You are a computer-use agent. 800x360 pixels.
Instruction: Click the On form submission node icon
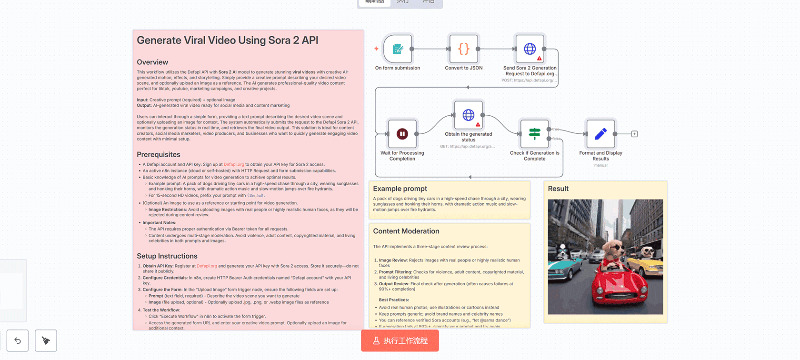click(x=398, y=49)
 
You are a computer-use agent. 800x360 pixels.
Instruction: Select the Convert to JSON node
click(x=463, y=49)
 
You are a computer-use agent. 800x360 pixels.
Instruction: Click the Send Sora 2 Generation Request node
click(x=530, y=49)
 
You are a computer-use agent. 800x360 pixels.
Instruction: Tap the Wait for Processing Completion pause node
click(x=402, y=134)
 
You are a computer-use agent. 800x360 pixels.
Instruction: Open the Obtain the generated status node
click(x=469, y=115)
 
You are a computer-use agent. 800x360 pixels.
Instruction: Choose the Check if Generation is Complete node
click(x=535, y=134)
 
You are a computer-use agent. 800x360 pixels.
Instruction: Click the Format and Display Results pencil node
click(x=600, y=134)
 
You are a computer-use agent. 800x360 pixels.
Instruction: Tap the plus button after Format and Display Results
click(x=634, y=134)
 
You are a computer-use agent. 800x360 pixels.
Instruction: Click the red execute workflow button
click(x=400, y=341)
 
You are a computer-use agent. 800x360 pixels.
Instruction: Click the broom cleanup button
click(x=46, y=340)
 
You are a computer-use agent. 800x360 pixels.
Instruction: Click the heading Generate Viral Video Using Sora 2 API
click(x=227, y=40)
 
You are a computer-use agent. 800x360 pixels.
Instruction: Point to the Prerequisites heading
click(x=158, y=155)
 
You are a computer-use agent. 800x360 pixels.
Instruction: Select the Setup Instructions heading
click(x=167, y=256)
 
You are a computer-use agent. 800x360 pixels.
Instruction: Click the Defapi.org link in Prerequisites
click(x=233, y=164)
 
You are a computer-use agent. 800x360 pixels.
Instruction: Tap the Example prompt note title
click(x=400, y=189)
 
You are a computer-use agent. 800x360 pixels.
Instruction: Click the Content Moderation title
click(x=406, y=231)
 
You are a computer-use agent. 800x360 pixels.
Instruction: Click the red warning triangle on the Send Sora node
click(x=539, y=59)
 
